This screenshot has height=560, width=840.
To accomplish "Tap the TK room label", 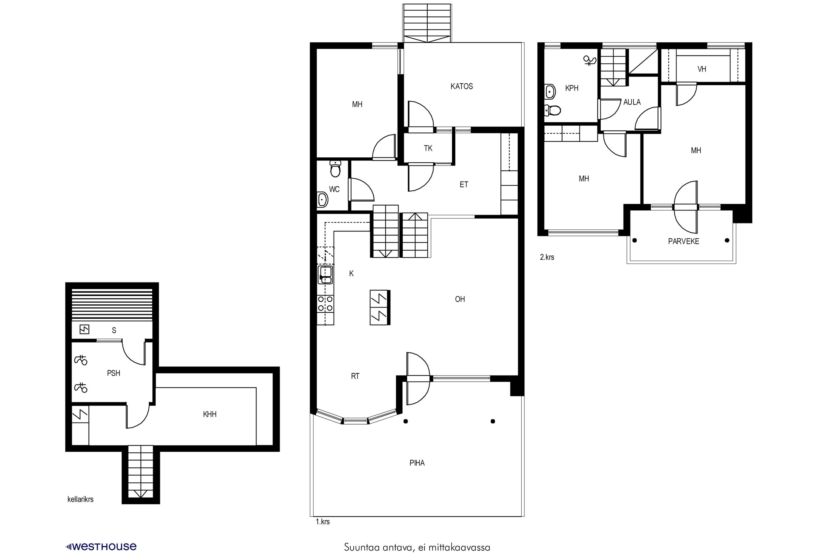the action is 428,148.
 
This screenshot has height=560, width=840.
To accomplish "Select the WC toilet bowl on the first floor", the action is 335,169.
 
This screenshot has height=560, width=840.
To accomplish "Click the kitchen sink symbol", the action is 325,275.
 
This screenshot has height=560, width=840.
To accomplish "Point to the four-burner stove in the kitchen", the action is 325,304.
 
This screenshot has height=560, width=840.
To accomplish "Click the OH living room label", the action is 460,299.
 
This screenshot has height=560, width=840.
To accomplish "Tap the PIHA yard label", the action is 417,463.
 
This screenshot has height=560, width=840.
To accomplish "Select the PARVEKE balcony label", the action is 683,241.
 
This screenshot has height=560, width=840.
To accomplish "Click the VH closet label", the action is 701,69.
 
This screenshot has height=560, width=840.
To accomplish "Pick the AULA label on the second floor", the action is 632,102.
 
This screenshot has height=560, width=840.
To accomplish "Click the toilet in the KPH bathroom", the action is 552,110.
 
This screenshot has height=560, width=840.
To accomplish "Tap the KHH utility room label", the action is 210,414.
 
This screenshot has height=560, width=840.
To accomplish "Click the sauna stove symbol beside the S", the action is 84,329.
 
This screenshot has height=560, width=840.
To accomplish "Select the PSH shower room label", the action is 114,373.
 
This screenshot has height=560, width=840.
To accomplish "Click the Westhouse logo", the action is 101,547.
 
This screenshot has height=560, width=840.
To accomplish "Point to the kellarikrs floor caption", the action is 80,499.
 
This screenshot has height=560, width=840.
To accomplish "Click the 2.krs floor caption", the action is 547,257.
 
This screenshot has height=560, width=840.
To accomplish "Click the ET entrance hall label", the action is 464,185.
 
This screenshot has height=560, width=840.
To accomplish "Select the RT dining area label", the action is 355,376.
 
